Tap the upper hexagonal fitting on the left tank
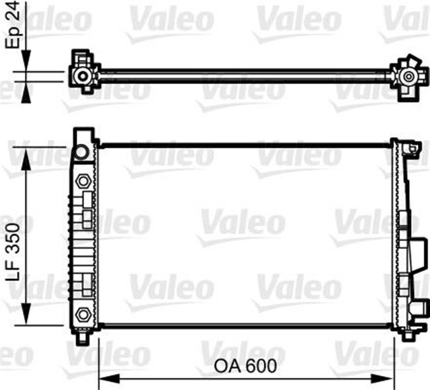[83, 181]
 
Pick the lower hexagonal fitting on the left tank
[83, 313]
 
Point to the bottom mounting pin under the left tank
[82, 336]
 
